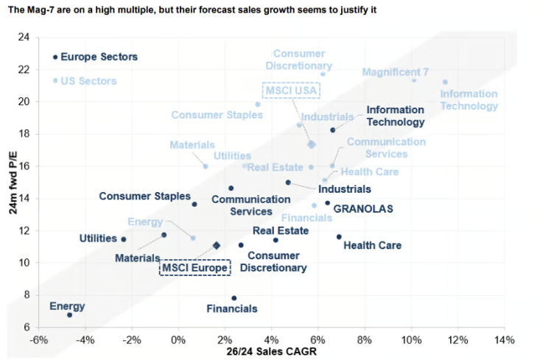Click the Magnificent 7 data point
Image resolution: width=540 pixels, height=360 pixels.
click(414, 80)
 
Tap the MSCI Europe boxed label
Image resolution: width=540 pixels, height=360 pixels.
click(195, 267)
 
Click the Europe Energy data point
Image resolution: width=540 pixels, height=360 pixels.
click(69, 315)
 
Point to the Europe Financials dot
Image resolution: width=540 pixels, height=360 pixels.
click(234, 298)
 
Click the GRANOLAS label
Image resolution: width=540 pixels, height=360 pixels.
click(363, 208)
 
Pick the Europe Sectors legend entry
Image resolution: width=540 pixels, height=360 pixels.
click(99, 57)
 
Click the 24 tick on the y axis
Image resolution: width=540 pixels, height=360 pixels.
click(24, 37)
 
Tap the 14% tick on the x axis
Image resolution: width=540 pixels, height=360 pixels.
click(505, 340)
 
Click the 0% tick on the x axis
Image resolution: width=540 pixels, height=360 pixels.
click(178, 340)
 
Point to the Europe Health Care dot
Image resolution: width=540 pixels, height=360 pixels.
click(339, 237)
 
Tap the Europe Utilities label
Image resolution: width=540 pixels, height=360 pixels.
click(98, 239)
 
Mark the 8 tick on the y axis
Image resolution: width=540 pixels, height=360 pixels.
click(27, 294)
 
